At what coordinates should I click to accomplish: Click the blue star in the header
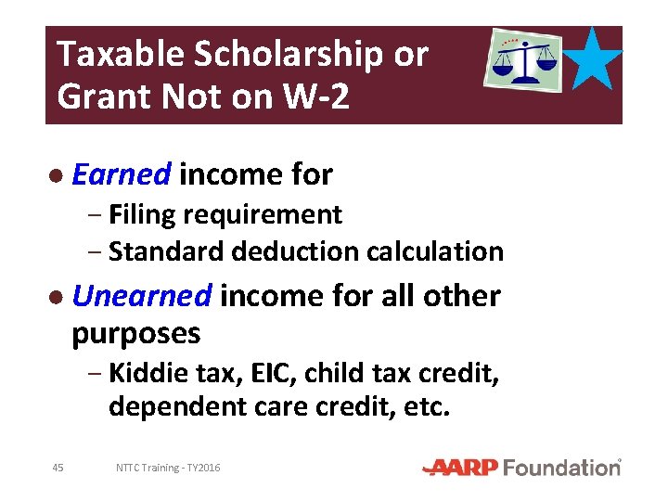(x=595, y=58)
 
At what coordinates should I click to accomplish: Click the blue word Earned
(x=122, y=173)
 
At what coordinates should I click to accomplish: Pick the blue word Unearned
(x=143, y=296)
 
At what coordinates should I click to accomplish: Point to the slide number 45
(x=58, y=468)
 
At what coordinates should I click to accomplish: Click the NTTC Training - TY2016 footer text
(x=168, y=468)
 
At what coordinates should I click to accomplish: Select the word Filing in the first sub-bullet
(x=142, y=215)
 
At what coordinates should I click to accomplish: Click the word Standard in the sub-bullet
(x=167, y=251)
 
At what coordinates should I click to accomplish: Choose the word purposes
(x=135, y=332)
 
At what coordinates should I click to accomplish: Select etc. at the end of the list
(x=429, y=407)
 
